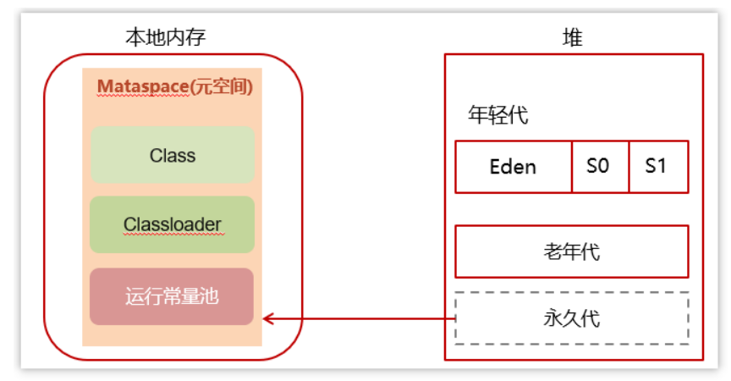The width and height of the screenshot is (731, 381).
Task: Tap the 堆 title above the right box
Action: tap(573, 37)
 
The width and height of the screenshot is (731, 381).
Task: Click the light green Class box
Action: tap(173, 155)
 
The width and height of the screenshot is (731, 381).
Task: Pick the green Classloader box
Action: tap(173, 224)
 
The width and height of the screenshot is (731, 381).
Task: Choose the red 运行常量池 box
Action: tap(173, 296)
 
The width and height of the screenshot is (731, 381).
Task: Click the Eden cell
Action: tap(514, 167)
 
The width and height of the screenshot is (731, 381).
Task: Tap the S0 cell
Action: tap(600, 167)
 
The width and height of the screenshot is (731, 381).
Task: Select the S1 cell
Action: tap(657, 167)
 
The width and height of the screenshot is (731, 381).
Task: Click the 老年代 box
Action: tap(572, 251)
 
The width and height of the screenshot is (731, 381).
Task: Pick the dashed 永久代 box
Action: tap(572, 318)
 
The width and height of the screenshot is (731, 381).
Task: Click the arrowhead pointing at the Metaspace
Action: tap(268, 318)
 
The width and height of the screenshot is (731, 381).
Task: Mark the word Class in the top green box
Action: tap(173, 155)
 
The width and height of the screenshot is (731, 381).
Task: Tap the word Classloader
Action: tap(173, 224)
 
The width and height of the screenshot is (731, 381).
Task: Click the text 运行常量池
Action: tap(173, 296)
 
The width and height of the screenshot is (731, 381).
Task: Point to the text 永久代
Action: tap(572, 318)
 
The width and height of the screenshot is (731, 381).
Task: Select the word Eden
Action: tap(514, 167)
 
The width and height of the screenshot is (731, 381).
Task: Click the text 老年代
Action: tap(572, 251)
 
